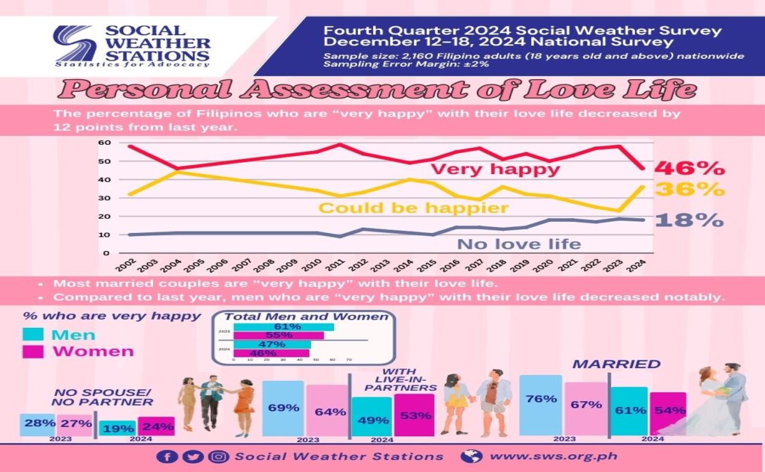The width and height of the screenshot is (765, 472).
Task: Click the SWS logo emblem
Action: (75, 43)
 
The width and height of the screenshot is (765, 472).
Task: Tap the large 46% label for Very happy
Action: (690, 168)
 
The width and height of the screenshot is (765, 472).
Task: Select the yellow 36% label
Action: (690, 189)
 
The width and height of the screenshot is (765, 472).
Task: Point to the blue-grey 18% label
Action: (690, 220)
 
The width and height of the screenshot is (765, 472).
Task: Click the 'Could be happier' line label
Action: (413, 208)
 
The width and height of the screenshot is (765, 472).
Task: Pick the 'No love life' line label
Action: (519, 244)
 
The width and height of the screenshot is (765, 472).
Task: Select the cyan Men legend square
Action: (33, 335)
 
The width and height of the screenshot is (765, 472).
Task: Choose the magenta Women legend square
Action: (33, 351)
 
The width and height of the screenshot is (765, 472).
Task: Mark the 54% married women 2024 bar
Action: (667, 413)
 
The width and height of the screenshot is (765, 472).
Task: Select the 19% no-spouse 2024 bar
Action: (118, 428)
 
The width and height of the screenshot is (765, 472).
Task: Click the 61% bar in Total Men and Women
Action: (284, 327)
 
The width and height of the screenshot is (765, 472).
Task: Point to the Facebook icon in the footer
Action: (167, 457)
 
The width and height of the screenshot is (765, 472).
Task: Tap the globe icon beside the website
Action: (471, 457)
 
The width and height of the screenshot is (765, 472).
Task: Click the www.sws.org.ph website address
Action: (553, 457)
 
